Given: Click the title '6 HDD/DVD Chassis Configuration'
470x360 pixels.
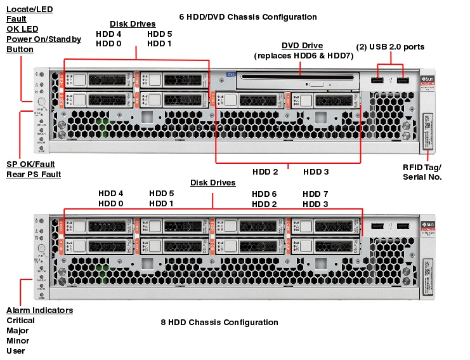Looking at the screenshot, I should tap(247, 17).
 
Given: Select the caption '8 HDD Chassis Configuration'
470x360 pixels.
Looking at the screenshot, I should tap(219, 322).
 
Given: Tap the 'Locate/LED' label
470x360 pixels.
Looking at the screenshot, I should tap(30, 9).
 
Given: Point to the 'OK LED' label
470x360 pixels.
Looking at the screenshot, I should tap(22, 29).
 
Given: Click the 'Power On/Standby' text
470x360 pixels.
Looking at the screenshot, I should tap(44, 39).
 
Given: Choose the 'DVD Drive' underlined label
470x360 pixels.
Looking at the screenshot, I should tap(302, 46).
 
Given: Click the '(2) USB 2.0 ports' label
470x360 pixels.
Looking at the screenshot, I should tap(390, 46).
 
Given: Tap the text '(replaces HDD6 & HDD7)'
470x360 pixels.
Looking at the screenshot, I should tap(304, 56).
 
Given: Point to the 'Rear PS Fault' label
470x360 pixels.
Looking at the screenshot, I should tap(34, 174).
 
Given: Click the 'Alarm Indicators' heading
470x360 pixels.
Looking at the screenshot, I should tap(39, 310).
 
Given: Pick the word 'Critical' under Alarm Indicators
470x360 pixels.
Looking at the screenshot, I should tap(20, 321).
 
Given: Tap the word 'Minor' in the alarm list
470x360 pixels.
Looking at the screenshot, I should tap(17, 341).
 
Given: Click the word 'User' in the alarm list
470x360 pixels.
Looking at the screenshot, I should tap(15, 351).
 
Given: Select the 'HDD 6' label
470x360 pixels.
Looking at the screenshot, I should tap(264, 194).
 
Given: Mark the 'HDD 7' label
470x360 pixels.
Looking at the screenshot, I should tap(315, 194).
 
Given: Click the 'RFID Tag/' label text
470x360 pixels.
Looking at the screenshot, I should tap(422, 167).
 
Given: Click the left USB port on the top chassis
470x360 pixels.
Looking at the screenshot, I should tap(378, 81).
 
